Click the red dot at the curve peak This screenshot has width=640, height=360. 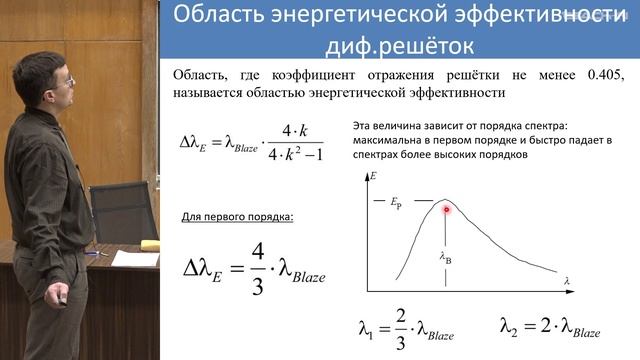pos(447,209)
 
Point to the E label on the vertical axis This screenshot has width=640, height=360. pos(373,176)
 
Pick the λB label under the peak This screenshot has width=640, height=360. pos(446,258)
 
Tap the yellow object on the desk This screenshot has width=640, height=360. pos(150,244)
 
